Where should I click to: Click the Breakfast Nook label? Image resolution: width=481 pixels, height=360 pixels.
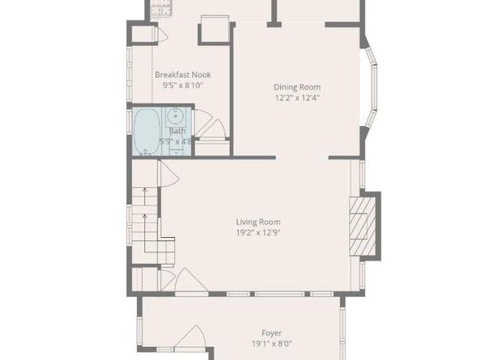[182, 74]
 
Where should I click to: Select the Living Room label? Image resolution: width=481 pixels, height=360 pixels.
[258, 222]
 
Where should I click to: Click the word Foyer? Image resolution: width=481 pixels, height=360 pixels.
[271, 332]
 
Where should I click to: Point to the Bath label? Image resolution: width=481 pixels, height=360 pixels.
[177, 130]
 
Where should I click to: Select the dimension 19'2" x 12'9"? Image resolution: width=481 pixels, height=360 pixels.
[258, 232]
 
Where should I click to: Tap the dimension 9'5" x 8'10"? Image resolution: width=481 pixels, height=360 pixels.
[182, 85]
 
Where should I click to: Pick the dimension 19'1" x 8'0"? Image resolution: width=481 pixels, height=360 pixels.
[271, 343]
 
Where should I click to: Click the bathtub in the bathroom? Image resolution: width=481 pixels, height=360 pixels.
[147, 131]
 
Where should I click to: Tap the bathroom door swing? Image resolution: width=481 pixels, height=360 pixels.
[202, 126]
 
